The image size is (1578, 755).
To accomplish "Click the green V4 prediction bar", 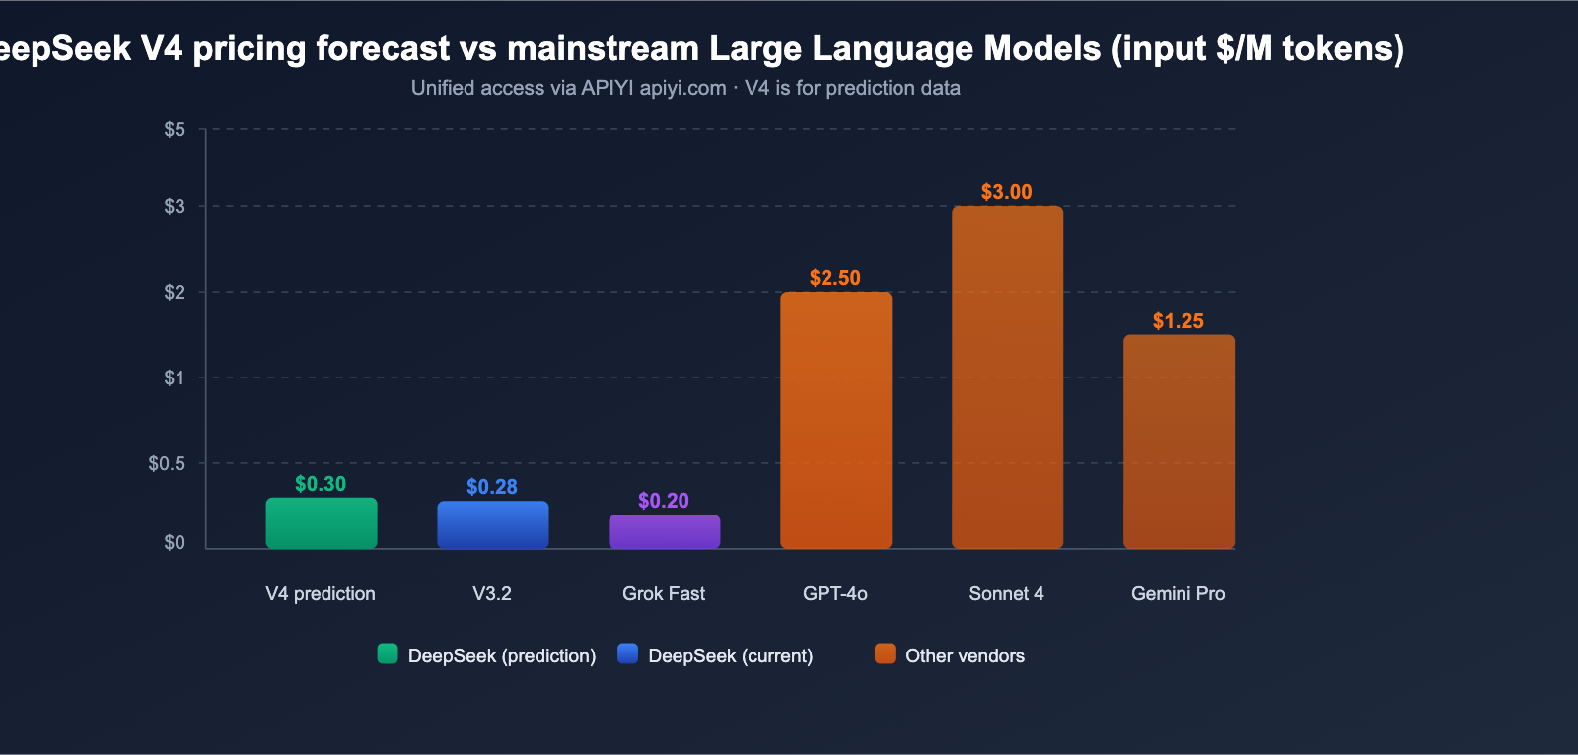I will [322, 523].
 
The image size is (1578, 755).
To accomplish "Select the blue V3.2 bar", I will [493, 525].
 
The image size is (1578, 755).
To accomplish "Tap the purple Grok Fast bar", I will [665, 532].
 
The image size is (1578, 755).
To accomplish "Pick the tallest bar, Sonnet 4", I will [1007, 377].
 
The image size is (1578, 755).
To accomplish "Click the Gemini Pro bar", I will [1179, 442].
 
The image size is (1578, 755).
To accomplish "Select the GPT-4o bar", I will [835, 420].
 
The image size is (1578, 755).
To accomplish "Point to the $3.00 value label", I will [1006, 192].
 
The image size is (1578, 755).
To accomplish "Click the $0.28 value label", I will [492, 487].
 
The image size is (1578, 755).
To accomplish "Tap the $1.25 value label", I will [1179, 321].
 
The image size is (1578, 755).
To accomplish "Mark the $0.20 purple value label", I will [664, 501].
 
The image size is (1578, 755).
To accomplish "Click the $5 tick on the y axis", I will [175, 130].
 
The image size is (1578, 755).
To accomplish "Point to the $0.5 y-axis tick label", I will [167, 463].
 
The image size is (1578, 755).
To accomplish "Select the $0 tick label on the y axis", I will [175, 543].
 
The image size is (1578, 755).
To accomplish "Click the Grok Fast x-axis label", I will [664, 593].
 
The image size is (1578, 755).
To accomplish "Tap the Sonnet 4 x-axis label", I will [1006, 593].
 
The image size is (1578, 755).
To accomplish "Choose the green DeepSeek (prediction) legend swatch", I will [388, 653].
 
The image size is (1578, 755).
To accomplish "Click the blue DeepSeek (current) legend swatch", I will [628, 653].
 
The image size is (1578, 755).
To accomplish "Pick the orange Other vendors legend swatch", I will [885, 653].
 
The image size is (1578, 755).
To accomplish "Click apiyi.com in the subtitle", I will [682, 88].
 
